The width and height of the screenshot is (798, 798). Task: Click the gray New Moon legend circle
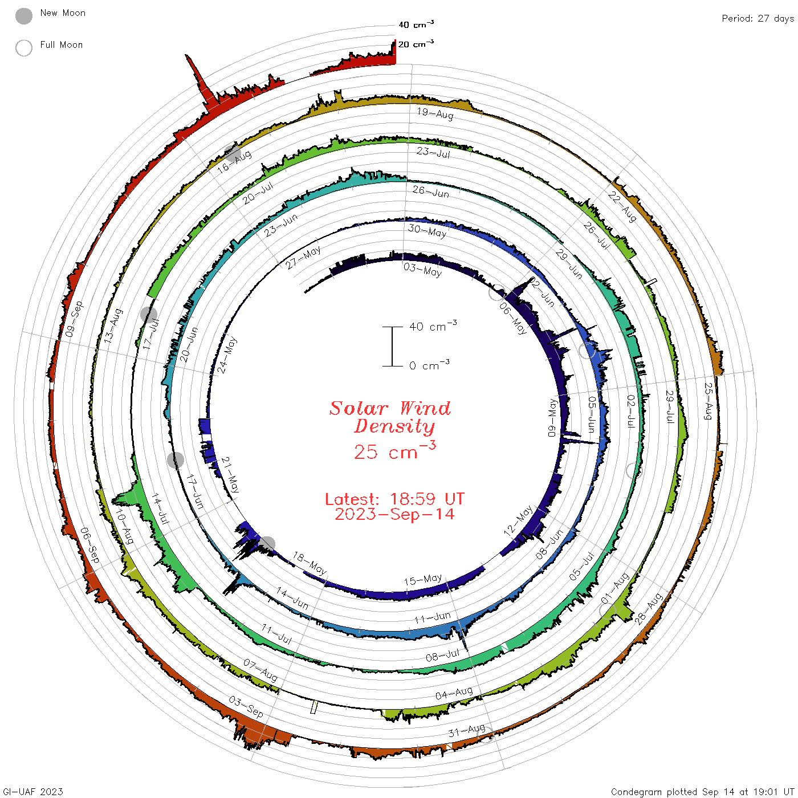click(23, 16)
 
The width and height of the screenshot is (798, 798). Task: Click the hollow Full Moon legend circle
click(23, 48)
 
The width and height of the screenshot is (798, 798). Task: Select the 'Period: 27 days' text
click(758, 19)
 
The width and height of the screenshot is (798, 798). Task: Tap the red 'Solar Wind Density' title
click(390, 417)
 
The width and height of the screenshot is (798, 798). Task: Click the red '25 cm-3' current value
click(394, 450)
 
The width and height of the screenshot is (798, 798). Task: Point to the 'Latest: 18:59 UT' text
click(394, 499)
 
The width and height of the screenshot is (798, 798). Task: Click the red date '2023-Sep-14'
click(394, 514)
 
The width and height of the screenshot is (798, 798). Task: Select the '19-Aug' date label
click(435, 113)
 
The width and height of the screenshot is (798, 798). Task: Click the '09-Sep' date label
click(74, 319)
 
